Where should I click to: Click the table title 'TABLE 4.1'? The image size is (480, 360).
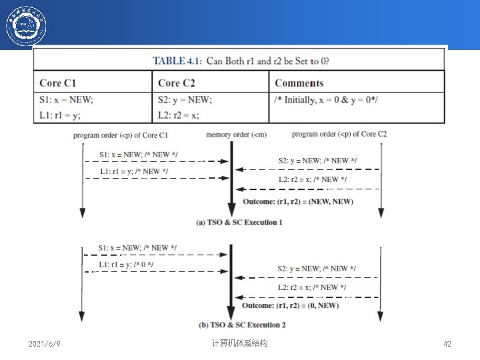click(177, 61)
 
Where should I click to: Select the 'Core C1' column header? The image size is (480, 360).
click(58, 83)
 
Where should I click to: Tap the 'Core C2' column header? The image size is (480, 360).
click(177, 83)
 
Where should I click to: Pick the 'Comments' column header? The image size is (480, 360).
click(299, 83)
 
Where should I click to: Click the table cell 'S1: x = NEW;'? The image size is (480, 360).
click(67, 99)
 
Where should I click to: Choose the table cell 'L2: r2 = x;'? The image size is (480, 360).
click(179, 115)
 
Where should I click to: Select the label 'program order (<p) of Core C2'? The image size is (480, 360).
click(339, 134)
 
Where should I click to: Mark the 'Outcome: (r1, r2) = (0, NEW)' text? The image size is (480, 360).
click(290, 305)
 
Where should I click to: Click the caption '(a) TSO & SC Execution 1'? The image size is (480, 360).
click(239, 222)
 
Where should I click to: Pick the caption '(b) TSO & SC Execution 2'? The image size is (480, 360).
click(242, 325)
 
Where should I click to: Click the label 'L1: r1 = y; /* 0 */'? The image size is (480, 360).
click(126, 265)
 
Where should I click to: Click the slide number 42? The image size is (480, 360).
click(447, 344)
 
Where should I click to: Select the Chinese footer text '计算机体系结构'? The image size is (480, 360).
click(239, 343)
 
